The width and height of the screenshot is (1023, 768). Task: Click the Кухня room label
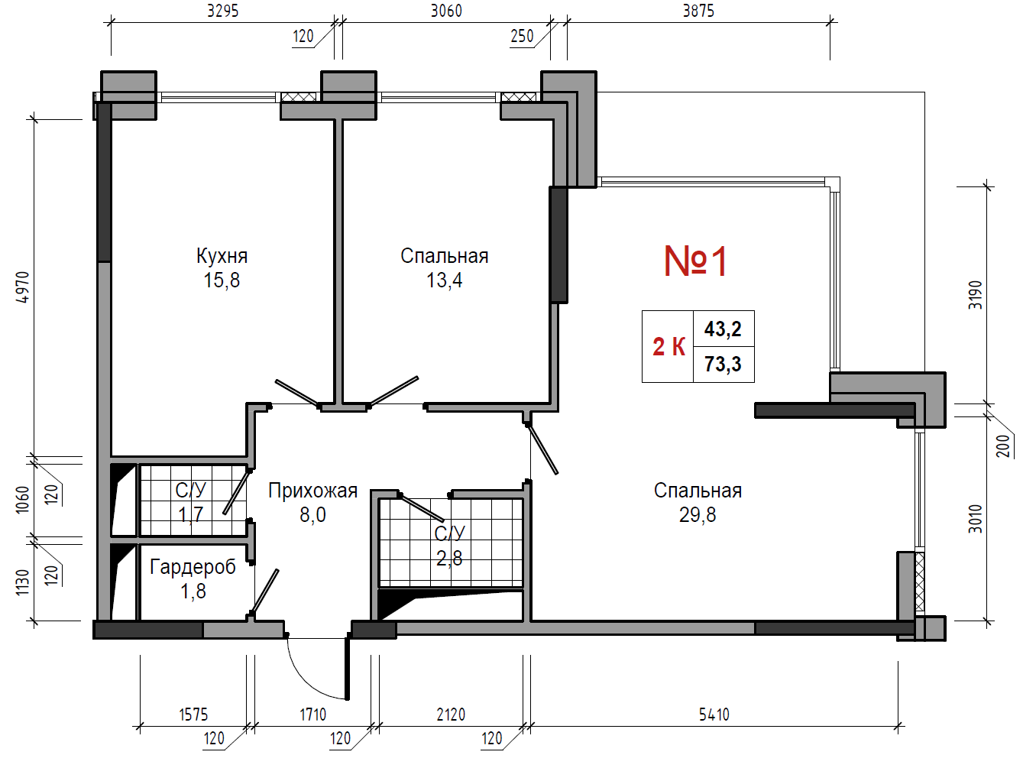[x=222, y=256]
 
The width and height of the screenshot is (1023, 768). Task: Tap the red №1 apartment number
[x=695, y=261]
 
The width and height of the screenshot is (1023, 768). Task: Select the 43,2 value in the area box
[x=723, y=329]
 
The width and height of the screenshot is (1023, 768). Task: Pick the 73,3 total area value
[x=723, y=364]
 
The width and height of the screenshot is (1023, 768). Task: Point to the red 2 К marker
[x=669, y=347]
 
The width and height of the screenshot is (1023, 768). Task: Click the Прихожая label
[x=312, y=491]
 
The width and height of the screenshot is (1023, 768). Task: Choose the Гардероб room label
[x=193, y=567]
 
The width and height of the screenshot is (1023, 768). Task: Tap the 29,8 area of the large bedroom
[x=698, y=515]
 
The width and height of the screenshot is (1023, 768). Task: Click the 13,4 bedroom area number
[x=445, y=280]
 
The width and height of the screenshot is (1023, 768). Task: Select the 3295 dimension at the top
[x=223, y=11]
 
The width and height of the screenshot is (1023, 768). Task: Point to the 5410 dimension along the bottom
[x=714, y=715]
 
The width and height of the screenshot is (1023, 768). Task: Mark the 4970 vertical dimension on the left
[x=22, y=287]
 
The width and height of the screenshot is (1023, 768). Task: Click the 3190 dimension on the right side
[x=975, y=295]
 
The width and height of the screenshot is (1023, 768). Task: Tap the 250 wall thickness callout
[x=522, y=36]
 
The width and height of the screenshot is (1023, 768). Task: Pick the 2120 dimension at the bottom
[x=452, y=715]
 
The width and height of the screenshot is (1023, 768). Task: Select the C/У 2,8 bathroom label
[x=450, y=546]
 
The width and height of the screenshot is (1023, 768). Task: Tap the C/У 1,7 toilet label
[x=190, y=502]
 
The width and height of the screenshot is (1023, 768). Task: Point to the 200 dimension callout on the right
[x=1002, y=446]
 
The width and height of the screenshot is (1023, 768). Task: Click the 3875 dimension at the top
[x=698, y=11]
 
